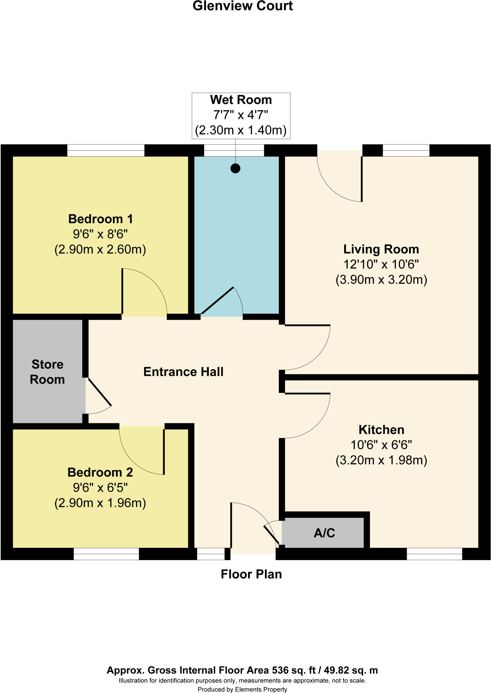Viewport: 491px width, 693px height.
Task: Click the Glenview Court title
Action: coord(243,6)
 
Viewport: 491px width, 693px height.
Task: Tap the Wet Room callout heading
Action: coord(241,100)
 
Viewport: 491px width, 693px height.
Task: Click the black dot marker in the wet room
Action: coord(235,168)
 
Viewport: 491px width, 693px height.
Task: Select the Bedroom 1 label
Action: coord(101,219)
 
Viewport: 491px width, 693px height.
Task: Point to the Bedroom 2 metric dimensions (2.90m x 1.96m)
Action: coord(100,503)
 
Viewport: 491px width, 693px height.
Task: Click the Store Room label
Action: coord(47,372)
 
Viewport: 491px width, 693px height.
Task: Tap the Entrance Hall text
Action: coord(183,372)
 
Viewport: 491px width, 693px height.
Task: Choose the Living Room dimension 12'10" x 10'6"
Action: coord(381,264)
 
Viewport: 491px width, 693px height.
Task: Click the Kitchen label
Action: coord(381,430)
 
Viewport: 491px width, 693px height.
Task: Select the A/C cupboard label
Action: coord(324,533)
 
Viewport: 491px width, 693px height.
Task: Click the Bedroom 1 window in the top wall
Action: coord(106,151)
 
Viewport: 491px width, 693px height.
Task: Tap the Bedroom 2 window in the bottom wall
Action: coord(106,554)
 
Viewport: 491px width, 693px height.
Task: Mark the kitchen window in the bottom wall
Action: coord(434,554)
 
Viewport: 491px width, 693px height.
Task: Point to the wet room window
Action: coord(234,151)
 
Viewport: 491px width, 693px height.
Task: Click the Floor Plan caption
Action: coord(251,574)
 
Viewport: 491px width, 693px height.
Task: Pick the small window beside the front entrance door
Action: coord(211,554)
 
